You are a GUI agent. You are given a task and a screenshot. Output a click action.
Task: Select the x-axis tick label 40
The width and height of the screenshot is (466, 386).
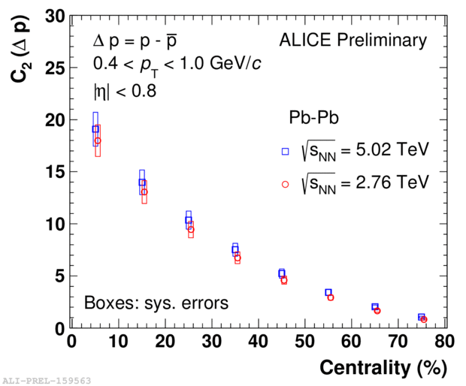click(x=259, y=342)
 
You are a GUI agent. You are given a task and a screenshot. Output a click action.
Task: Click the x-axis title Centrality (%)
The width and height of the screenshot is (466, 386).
click(x=383, y=368)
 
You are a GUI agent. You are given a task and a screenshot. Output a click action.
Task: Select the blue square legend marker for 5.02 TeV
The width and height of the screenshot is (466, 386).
click(x=285, y=151)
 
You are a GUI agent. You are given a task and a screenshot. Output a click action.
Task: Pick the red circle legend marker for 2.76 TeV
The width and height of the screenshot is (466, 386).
click(x=285, y=183)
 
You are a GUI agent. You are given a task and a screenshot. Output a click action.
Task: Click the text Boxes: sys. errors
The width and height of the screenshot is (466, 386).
click(x=156, y=303)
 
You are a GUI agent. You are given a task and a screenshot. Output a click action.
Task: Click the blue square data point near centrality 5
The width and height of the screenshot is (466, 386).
click(x=95, y=129)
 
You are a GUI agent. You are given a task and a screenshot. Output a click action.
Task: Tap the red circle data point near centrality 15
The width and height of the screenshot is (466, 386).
click(x=144, y=192)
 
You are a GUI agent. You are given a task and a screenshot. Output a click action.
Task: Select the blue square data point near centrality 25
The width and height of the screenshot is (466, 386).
click(x=189, y=220)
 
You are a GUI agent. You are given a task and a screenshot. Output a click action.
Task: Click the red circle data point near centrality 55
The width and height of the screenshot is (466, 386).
click(x=331, y=297)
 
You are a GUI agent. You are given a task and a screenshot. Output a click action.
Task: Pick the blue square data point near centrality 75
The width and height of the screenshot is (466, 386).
click(x=421, y=317)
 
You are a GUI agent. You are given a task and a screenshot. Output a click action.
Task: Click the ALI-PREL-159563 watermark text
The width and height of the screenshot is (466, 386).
click(x=47, y=380)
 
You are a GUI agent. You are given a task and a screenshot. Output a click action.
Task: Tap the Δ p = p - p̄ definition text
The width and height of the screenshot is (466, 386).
click(x=135, y=40)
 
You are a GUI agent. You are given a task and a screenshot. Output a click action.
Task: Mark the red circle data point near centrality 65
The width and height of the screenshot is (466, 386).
click(x=377, y=310)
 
